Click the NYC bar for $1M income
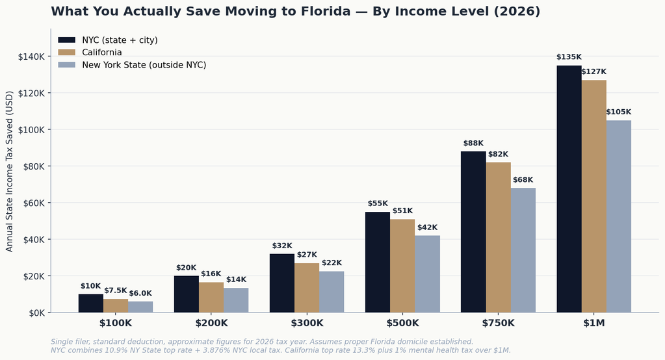point(569,189)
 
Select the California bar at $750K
point(499,237)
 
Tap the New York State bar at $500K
point(428,274)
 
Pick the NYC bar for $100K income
point(91,303)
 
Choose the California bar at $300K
point(307,288)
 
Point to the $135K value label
point(569,57)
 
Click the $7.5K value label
point(115,290)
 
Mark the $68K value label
point(523,180)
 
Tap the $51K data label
point(402,211)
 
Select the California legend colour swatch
point(66,52)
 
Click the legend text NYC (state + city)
point(120,40)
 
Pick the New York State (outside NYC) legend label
point(144,65)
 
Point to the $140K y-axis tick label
point(31,57)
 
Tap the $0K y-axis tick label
point(36,313)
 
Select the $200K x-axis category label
point(211,323)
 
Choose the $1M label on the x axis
point(593,323)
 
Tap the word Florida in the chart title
point(326,12)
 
